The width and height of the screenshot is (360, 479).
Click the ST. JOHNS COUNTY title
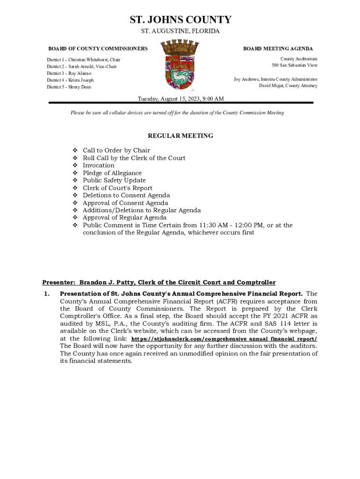(180, 20)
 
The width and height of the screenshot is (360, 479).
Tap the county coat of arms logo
(180, 65)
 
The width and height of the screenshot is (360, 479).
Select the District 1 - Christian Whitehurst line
(83, 60)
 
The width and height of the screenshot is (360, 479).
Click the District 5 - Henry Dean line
(69, 87)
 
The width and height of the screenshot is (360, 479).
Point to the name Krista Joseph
(81, 80)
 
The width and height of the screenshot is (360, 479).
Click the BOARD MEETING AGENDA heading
(278, 49)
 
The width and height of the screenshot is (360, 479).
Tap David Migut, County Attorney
(288, 86)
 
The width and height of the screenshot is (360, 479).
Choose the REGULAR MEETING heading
(180, 136)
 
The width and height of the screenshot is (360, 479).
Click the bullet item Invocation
(98, 165)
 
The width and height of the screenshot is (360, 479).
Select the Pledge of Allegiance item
(112, 173)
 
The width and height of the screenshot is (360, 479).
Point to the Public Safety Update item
(114, 181)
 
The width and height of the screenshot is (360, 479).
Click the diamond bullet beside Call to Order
(75, 151)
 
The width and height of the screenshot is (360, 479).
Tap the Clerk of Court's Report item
(117, 188)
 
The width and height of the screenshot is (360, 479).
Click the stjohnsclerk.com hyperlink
(224, 339)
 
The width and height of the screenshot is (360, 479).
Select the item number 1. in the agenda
(46, 294)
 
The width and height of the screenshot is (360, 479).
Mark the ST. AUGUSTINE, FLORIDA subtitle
(180, 31)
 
